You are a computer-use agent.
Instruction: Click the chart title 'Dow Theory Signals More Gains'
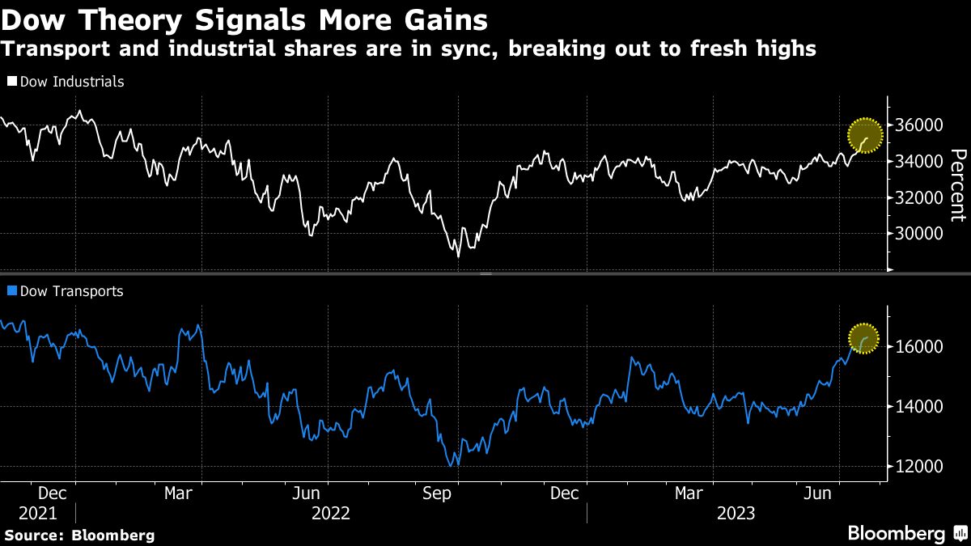(244, 19)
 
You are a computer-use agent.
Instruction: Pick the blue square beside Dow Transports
(11, 290)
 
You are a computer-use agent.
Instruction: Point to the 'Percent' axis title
(957, 184)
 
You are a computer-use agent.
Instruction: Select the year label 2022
(330, 514)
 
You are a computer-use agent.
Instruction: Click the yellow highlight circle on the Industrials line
(865, 136)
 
